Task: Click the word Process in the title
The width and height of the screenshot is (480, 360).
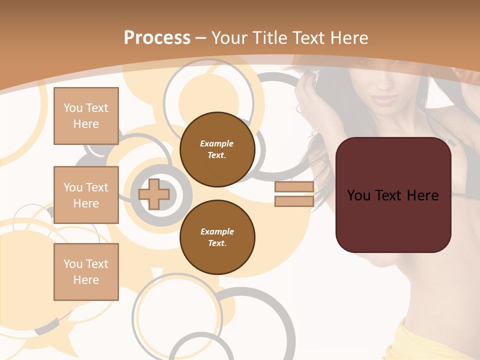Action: (x=157, y=38)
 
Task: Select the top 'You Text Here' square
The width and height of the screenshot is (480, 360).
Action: (x=86, y=116)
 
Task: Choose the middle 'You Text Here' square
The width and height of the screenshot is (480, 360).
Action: (x=86, y=195)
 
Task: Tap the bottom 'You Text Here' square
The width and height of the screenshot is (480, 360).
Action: (x=86, y=272)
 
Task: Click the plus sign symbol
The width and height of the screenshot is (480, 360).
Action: (x=154, y=194)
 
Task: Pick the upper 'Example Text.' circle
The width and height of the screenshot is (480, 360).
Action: (x=217, y=149)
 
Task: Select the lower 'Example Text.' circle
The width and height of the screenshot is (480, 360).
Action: (x=217, y=237)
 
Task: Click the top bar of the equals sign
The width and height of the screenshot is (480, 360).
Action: (x=294, y=187)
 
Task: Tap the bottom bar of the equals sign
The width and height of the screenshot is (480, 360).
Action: (x=294, y=201)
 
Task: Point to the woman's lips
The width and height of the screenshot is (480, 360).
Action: (x=384, y=98)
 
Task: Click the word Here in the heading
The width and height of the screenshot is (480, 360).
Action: (x=346, y=38)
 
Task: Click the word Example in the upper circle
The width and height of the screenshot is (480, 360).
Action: (x=217, y=143)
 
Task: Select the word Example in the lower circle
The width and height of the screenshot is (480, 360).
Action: (x=217, y=231)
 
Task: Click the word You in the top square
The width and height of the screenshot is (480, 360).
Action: (x=73, y=108)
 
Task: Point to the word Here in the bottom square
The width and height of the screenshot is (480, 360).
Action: (x=86, y=280)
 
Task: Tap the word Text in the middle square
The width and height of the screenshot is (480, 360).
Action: (x=96, y=187)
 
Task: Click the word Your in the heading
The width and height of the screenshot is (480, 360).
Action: (x=228, y=38)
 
